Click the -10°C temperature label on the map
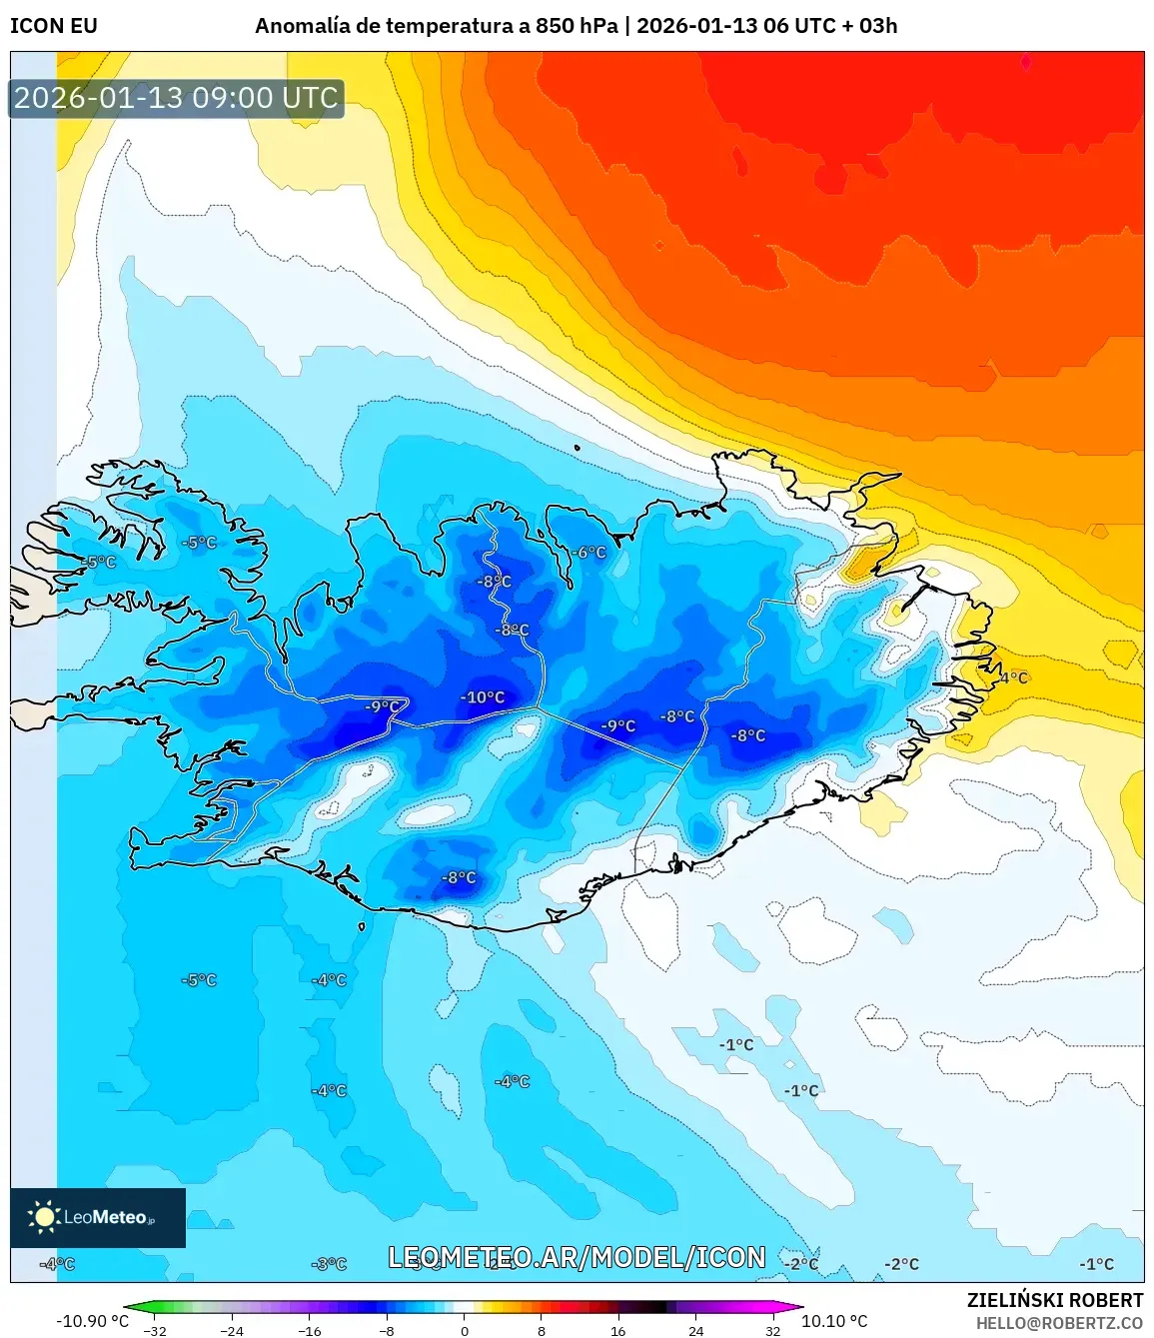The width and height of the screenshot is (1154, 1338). tap(483, 697)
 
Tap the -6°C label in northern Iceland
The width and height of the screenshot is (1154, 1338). tap(589, 553)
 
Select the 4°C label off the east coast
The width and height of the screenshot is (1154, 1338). tap(1013, 677)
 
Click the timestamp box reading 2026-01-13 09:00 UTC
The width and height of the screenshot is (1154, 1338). tap(177, 98)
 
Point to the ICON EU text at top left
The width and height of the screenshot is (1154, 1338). tap(54, 26)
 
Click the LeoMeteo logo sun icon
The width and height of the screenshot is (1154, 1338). tap(44, 1216)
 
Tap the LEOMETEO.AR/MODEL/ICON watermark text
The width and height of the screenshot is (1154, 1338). tap(577, 1257)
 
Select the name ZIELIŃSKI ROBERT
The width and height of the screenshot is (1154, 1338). tap(1054, 1300)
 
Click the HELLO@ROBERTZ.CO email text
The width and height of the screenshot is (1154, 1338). tap(1059, 1323)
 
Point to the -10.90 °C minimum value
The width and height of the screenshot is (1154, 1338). tap(92, 1321)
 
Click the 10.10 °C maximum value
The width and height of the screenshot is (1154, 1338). tap(835, 1321)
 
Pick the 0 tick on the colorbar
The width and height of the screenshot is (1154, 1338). tap(465, 1331)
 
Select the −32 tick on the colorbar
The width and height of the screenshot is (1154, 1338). tap(154, 1331)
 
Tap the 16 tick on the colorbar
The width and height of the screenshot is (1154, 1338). tap(618, 1331)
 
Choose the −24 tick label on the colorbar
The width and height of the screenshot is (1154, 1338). tap(231, 1331)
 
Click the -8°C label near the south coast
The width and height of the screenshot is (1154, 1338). tap(459, 877)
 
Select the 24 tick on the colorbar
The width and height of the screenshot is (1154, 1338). tap(695, 1331)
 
